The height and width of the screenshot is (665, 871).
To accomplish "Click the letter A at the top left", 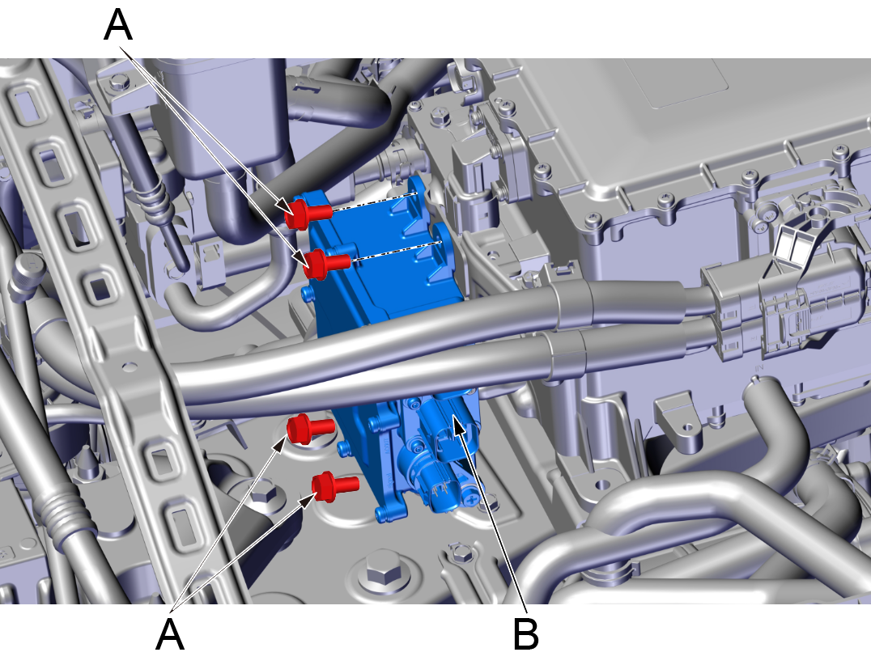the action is (x=118, y=25).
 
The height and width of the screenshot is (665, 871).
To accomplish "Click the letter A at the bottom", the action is (x=169, y=633).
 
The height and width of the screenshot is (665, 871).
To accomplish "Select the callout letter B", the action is (x=526, y=633).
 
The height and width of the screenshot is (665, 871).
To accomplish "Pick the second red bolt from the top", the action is (x=328, y=263).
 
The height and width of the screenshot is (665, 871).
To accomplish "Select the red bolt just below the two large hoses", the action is (x=310, y=429).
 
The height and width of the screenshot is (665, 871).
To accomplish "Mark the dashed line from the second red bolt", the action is (x=396, y=250).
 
